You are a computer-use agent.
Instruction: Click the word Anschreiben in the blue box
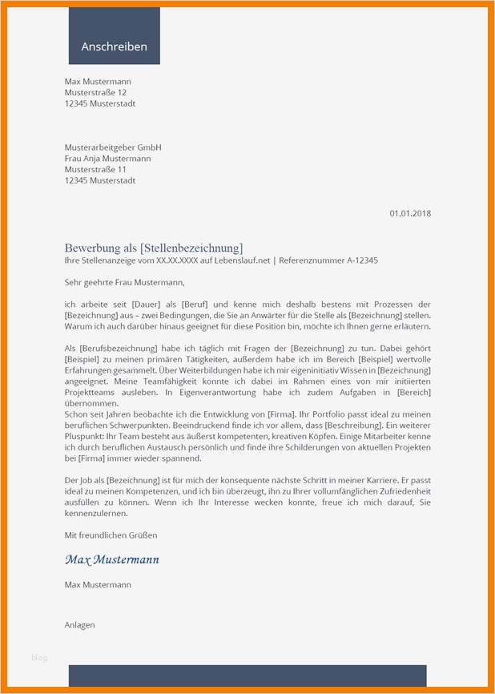point(114,46)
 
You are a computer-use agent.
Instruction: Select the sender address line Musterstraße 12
point(95,93)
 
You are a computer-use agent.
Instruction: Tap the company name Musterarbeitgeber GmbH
point(113,147)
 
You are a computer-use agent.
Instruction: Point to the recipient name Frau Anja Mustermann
point(107,159)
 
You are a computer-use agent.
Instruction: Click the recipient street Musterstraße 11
point(95,170)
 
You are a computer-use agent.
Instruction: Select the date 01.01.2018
point(410,213)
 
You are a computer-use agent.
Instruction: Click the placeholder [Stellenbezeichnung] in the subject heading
point(191,248)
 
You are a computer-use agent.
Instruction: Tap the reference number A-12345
point(360,261)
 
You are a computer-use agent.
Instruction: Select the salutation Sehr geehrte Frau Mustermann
point(124,282)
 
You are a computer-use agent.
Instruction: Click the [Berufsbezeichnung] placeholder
point(116,349)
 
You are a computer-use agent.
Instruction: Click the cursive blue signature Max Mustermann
point(111,559)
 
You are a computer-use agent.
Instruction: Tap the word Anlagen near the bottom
point(80,625)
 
